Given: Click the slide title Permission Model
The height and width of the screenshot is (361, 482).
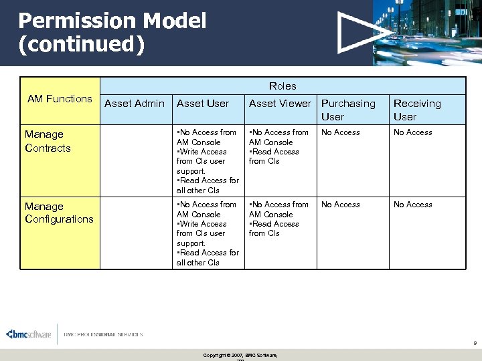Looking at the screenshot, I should click(x=112, y=21).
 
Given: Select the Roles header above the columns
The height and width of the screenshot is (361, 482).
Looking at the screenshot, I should click(x=282, y=86).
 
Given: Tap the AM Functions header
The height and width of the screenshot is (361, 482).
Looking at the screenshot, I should click(x=60, y=99).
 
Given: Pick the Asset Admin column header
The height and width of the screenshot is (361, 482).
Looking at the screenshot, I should click(x=135, y=104).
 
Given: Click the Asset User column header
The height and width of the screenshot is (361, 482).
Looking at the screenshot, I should click(x=202, y=104).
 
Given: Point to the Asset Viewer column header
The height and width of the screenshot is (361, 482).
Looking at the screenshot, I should click(x=280, y=104).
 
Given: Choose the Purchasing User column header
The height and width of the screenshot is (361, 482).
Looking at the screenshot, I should click(x=348, y=110).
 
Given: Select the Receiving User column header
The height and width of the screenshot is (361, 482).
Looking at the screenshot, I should click(x=417, y=110).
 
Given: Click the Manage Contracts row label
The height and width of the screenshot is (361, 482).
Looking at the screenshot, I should click(x=48, y=141).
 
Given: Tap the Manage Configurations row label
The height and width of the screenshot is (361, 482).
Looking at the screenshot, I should click(x=59, y=213).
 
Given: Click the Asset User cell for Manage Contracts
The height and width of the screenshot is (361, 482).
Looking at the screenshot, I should click(x=208, y=161).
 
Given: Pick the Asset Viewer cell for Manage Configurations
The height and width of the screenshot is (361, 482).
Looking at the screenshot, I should click(x=278, y=219).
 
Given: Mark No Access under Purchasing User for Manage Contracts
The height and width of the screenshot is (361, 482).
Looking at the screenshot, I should click(x=341, y=132).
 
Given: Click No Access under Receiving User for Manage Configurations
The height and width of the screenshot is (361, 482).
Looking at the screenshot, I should click(x=413, y=205).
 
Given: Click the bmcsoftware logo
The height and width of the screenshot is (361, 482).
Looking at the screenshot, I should click(x=29, y=334).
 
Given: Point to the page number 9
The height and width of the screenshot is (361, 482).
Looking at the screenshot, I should click(x=475, y=343).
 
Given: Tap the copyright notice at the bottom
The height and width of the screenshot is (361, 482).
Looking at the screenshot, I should click(x=240, y=355).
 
